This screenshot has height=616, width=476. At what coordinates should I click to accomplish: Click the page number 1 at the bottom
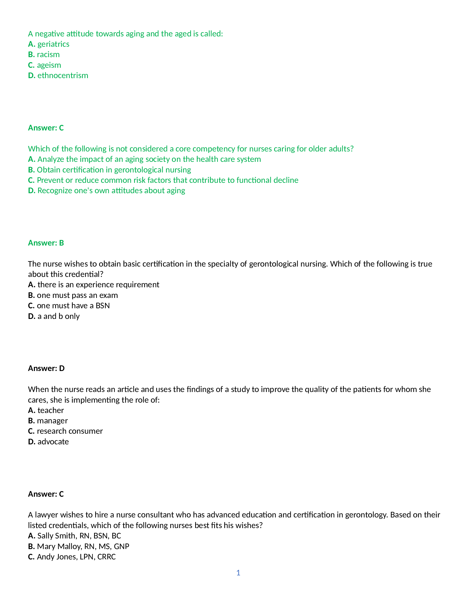click(238, 573)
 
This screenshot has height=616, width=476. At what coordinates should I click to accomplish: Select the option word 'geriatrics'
click(53, 44)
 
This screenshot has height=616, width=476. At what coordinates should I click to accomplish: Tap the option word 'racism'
click(48, 54)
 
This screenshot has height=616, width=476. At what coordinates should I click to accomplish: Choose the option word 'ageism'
click(49, 65)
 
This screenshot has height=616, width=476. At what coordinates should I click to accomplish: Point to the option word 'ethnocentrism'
click(63, 75)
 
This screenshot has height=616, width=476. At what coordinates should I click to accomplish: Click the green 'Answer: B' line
click(46, 243)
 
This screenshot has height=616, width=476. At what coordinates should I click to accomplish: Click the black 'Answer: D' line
click(46, 368)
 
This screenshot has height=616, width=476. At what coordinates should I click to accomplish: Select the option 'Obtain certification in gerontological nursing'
click(114, 170)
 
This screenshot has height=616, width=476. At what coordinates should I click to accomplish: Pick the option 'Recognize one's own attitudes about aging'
click(111, 191)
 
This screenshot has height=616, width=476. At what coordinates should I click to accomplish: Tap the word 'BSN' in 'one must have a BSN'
click(103, 306)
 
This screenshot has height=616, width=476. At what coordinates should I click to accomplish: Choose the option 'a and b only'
click(58, 316)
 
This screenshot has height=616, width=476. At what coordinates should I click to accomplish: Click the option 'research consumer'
click(70, 431)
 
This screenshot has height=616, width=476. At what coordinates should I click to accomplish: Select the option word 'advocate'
click(53, 442)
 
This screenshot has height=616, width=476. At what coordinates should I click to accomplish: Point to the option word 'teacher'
click(50, 410)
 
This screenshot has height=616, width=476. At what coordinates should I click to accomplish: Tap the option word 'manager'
click(52, 421)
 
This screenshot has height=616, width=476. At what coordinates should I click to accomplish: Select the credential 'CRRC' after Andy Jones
click(107, 557)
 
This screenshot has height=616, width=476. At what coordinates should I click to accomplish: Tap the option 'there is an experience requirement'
click(98, 284)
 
